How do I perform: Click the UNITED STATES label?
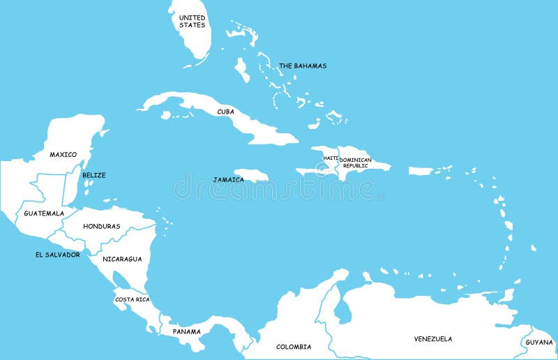coord(192,21)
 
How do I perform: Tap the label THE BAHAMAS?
coord(303,66)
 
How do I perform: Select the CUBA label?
coord(225,112)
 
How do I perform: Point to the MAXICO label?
coord(63,154)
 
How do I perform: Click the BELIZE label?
coord(94,175)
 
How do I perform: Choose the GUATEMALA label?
coord(44,213)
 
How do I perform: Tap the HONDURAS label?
coord(102,227)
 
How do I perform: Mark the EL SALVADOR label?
coord(57,255)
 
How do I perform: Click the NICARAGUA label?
coord(122,259)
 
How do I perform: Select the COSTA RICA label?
coord(132,299)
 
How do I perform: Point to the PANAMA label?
coord(186,331)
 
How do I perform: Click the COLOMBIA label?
coord(294,347)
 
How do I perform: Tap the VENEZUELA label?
coord(432,339)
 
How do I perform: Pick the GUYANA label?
coord(538,343)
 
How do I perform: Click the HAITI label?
coord(330,158)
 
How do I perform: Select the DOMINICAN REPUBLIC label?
coord(355,163)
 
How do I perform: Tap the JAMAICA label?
coord(229,179)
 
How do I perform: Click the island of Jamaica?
coord(252,174)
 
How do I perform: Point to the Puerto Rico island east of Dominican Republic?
coord(421,171)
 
